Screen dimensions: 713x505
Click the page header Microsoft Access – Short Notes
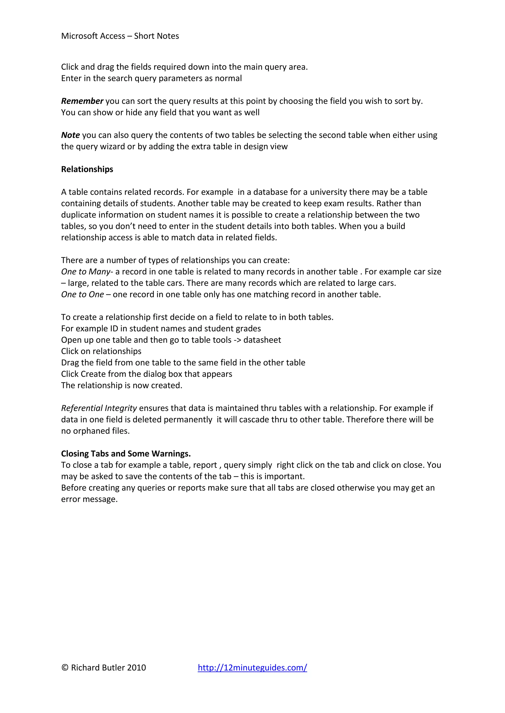coord(120,36)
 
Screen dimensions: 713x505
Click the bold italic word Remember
coord(82,101)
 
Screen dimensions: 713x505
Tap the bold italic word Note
coord(71,135)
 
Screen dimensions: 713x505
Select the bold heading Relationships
coord(87,169)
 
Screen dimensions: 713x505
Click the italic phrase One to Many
coord(86,272)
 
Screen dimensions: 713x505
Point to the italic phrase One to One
coord(82,294)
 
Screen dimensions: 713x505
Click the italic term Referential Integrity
coord(99,408)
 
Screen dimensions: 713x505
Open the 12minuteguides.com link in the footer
coord(252,668)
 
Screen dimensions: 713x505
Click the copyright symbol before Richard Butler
coord(65,668)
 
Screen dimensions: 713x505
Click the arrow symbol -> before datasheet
coord(237,340)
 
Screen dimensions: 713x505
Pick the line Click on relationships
coord(101,351)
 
